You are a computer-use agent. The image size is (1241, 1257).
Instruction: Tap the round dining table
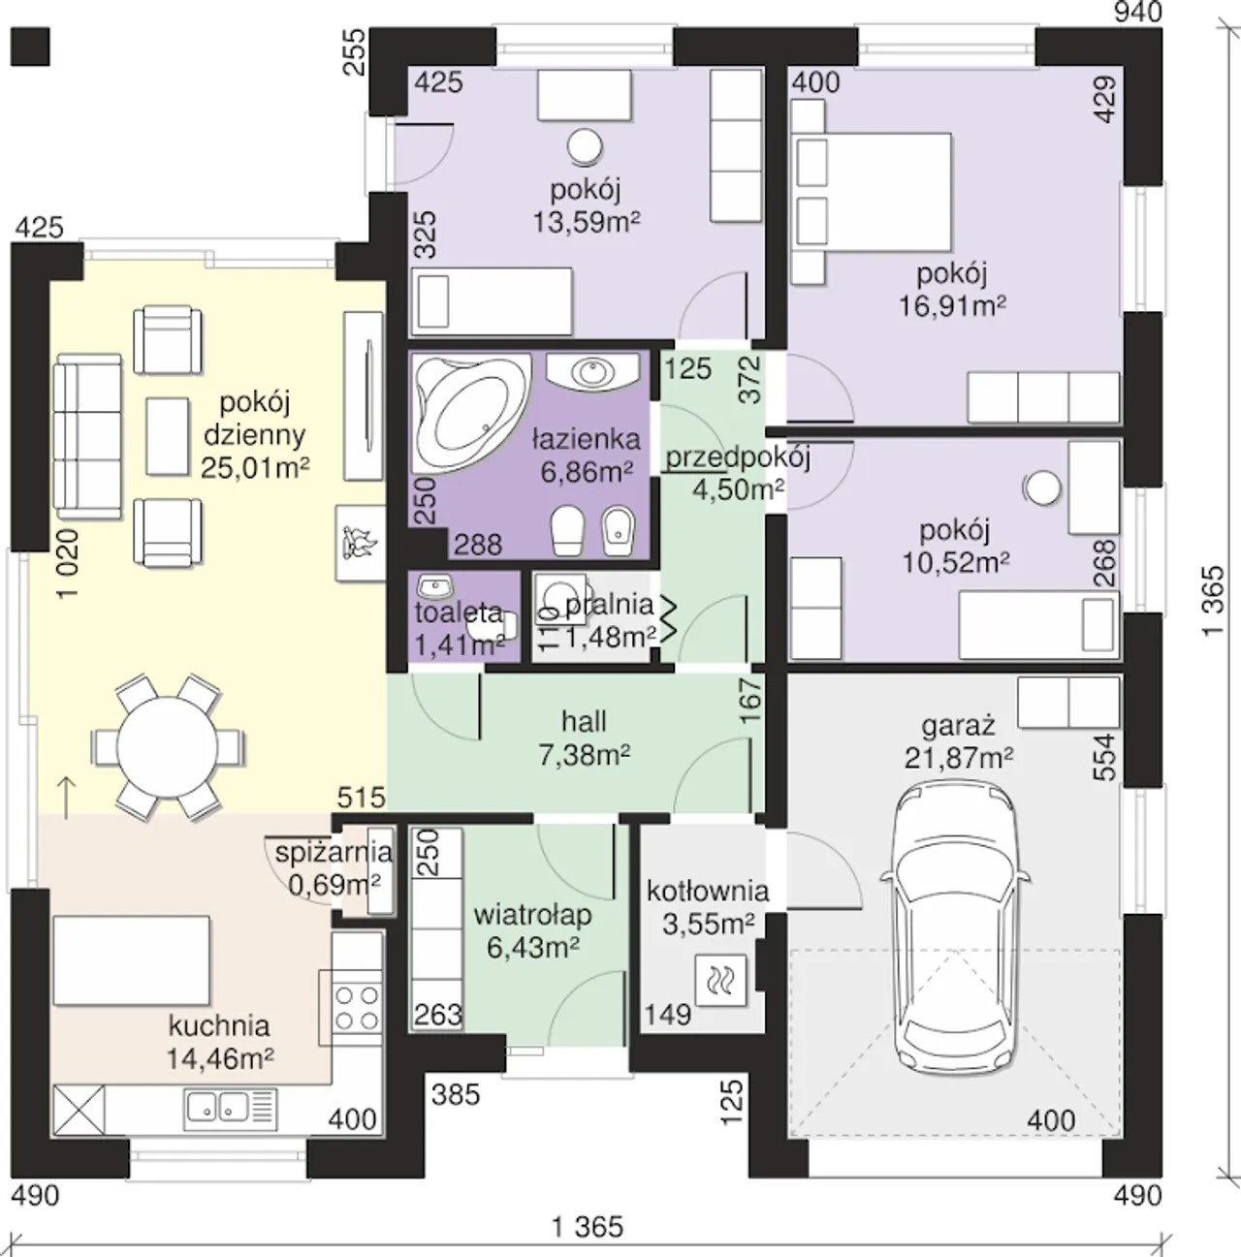pyautogui.click(x=168, y=746)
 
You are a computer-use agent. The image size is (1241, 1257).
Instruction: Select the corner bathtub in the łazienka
pyautogui.click(x=470, y=412)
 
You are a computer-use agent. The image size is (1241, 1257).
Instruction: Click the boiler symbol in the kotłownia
pyautogui.click(x=720, y=980)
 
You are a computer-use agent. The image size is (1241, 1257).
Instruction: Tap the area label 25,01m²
pyautogui.click(x=255, y=467)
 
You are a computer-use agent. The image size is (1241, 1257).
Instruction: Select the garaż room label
pyautogui.click(x=958, y=725)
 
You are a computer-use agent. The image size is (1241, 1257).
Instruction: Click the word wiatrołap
pyautogui.click(x=532, y=915)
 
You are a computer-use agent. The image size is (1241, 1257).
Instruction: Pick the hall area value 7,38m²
pyautogui.click(x=585, y=755)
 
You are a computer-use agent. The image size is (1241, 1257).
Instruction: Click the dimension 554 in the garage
pyautogui.click(x=1104, y=757)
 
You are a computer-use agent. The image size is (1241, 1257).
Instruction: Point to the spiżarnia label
pyautogui.click(x=334, y=852)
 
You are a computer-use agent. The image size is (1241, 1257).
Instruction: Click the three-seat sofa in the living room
pyautogui.click(x=87, y=437)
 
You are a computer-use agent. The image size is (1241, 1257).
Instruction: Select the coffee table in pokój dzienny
pyautogui.click(x=168, y=436)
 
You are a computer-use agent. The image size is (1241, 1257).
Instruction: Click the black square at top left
pyautogui.click(x=30, y=46)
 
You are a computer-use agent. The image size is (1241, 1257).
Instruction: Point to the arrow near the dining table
pyautogui.click(x=68, y=798)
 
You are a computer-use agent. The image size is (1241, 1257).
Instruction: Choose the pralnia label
pyautogui.click(x=610, y=606)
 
